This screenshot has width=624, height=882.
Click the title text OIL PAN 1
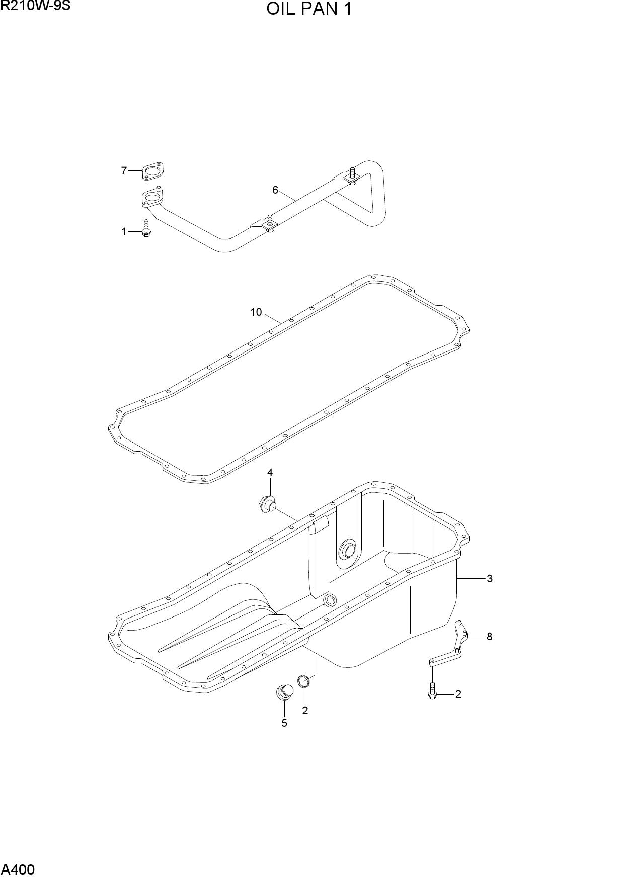coord(309,9)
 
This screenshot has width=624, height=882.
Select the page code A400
coord(18,869)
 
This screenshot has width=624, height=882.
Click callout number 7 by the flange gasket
coord(124,171)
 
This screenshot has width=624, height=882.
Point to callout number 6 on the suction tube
coord(275,190)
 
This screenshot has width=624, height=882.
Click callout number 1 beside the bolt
coord(124,232)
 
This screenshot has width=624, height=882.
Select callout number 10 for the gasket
coord(256,312)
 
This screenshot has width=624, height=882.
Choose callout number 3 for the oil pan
coord(489,578)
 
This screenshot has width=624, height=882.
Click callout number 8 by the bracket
coord(489,636)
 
